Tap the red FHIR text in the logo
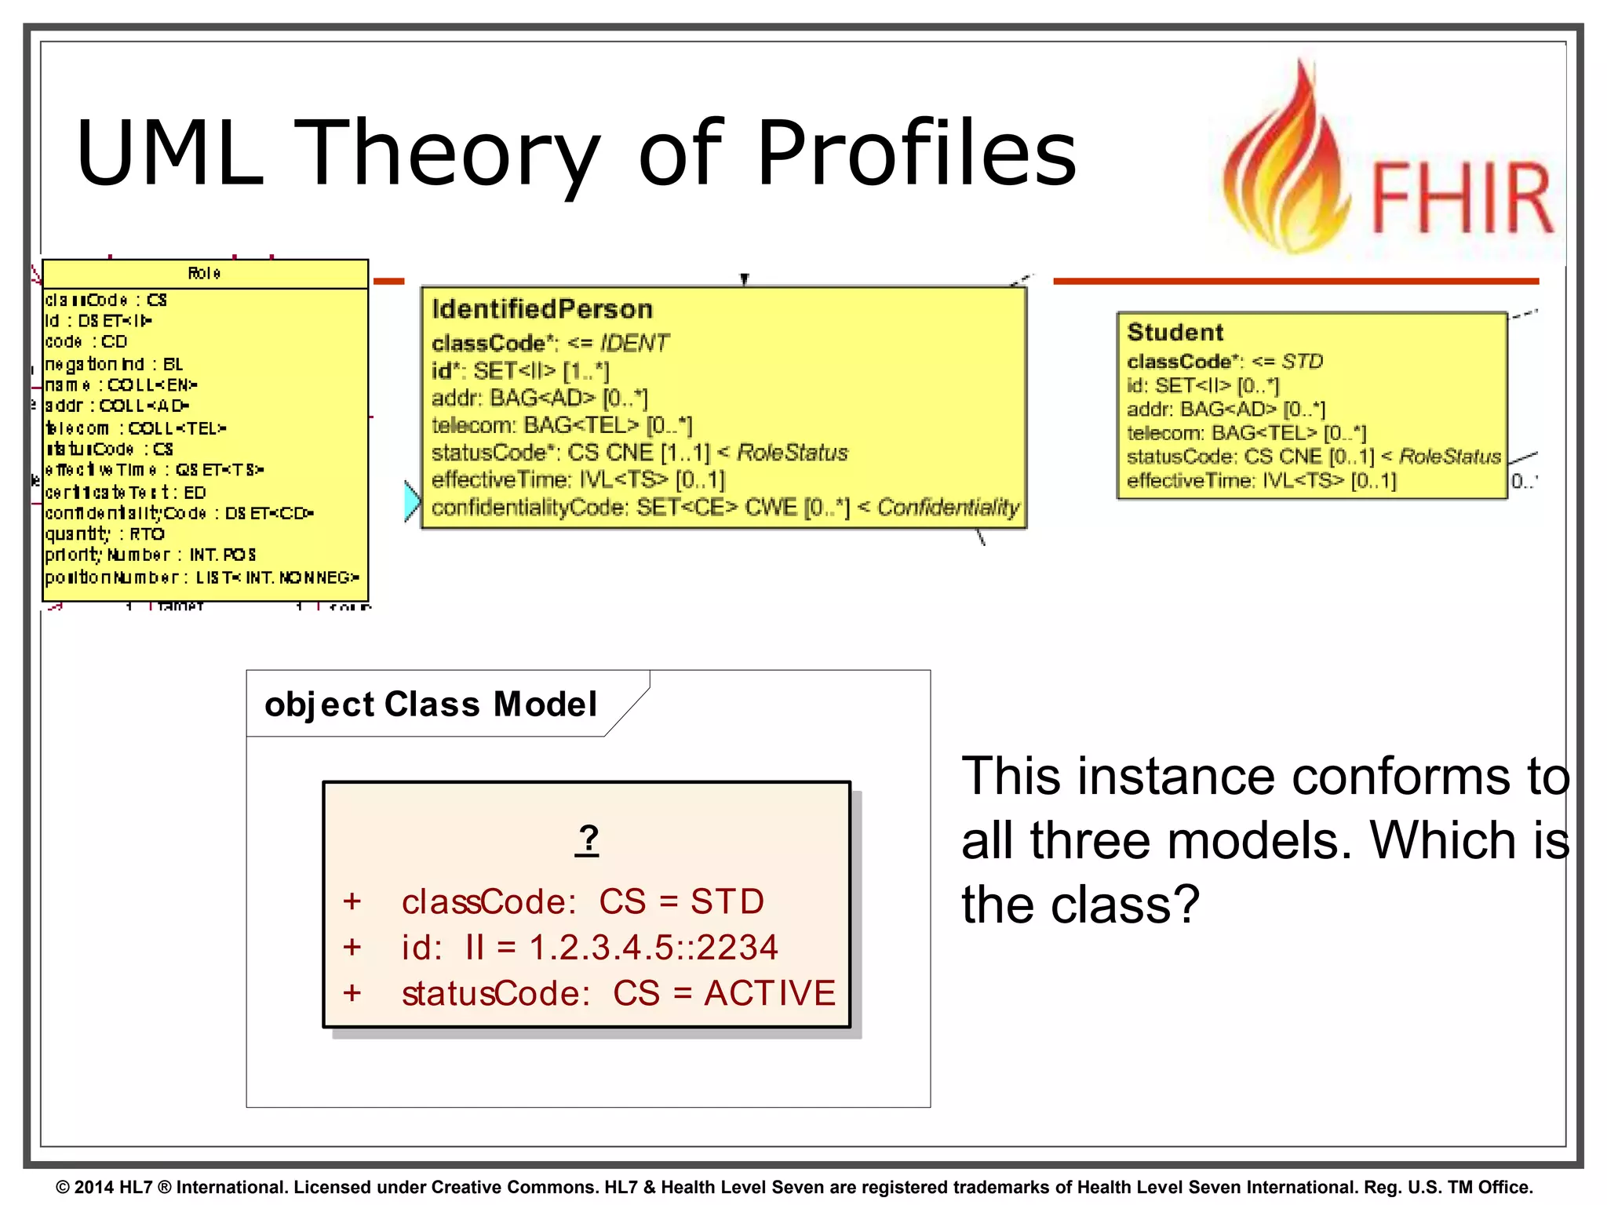(x=1461, y=198)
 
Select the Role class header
(x=204, y=273)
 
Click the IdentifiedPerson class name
(x=542, y=309)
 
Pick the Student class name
(x=1175, y=332)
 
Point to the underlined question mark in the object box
(x=587, y=839)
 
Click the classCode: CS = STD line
(x=582, y=901)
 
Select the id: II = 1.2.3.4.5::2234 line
(x=589, y=947)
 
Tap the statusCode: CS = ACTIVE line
(x=618, y=993)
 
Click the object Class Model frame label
(x=431, y=704)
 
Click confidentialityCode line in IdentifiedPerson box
(x=725, y=508)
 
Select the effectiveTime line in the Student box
(x=1261, y=480)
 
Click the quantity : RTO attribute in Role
(x=104, y=534)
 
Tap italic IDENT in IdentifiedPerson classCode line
(x=634, y=343)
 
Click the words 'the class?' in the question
(x=1080, y=905)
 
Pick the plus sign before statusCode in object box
(x=352, y=993)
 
